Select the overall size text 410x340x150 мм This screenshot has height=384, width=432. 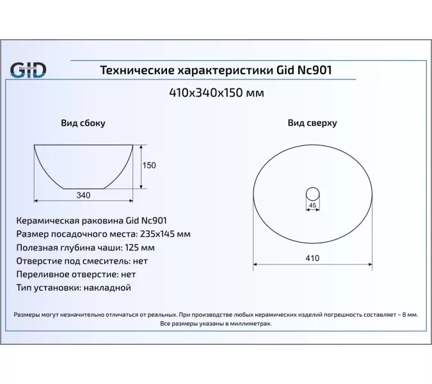point(216,93)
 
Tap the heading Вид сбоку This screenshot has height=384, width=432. point(83,123)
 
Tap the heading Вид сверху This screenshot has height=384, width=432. point(312,123)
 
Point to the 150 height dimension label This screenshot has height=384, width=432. point(149,166)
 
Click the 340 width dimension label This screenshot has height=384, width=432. point(83,195)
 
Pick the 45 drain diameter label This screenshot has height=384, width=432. point(313,205)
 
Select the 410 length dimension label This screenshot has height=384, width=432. point(312,258)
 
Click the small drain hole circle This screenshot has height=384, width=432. point(313,193)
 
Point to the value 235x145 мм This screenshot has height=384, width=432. point(164,233)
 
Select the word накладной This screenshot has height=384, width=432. point(107,287)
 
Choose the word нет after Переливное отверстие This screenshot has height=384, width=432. point(127,274)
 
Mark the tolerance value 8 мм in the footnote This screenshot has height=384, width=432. point(410,316)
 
